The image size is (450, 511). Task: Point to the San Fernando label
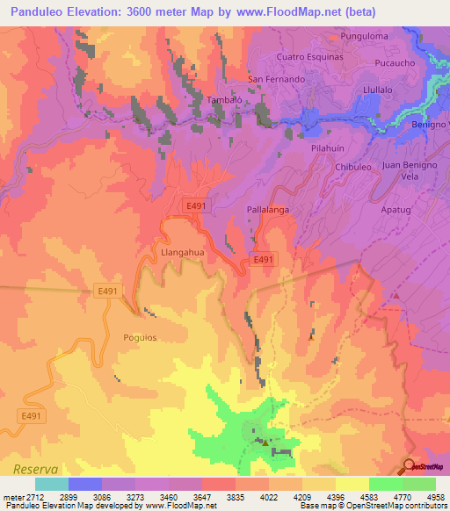click(x=277, y=79)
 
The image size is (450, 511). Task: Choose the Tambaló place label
click(x=199, y=99)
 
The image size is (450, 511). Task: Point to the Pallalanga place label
click(x=268, y=212)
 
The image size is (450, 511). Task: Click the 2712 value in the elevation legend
click(x=25, y=496)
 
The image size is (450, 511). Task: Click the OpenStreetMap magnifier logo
click(x=410, y=467)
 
